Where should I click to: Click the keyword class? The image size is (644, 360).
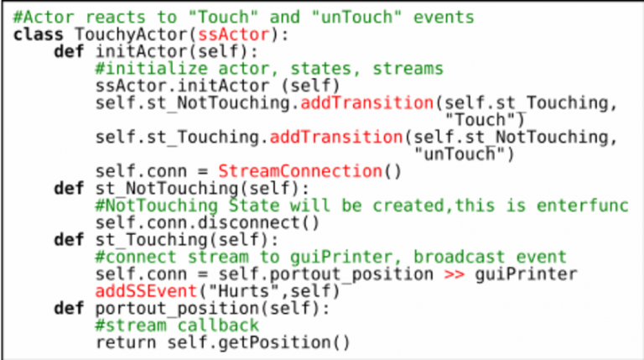(x=39, y=34)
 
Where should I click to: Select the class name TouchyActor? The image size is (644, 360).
(x=131, y=34)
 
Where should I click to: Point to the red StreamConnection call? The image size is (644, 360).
(x=300, y=171)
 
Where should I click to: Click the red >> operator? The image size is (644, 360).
(x=454, y=274)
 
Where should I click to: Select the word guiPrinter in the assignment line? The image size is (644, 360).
(x=526, y=274)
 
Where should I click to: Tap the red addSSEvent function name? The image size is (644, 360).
(x=147, y=291)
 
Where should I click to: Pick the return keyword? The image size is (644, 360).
(x=126, y=342)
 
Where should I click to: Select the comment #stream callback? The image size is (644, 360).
(x=178, y=326)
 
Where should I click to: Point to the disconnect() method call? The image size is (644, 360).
(x=259, y=222)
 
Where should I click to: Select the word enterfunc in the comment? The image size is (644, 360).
(x=583, y=206)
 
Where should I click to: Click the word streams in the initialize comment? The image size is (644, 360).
(x=408, y=69)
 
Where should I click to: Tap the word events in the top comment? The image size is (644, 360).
(x=444, y=18)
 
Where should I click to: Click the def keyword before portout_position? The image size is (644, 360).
(x=69, y=308)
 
